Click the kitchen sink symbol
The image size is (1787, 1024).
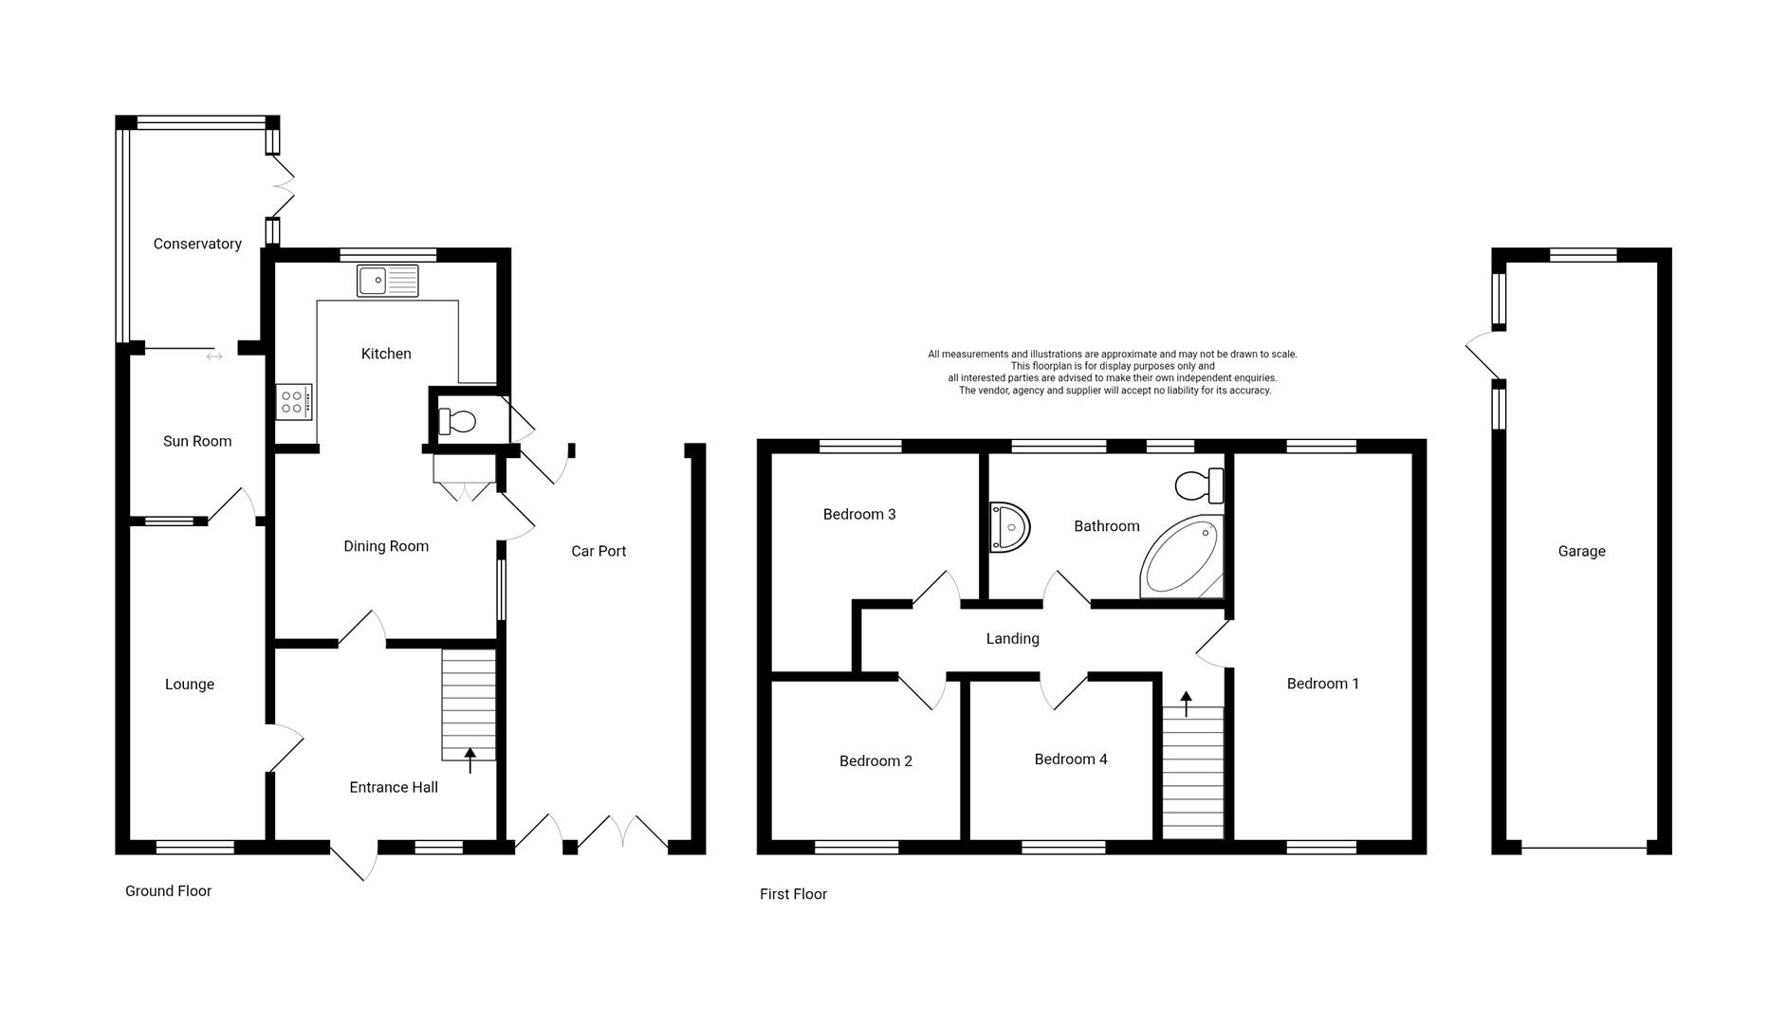(x=388, y=281)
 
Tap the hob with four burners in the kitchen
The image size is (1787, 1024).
(x=294, y=402)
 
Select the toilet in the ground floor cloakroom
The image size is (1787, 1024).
(x=456, y=421)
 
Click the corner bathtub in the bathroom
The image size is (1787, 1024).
(x=1180, y=559)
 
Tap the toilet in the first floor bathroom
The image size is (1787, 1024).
(x=1199, y=486)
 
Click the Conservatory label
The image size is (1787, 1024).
(x=197, y=244)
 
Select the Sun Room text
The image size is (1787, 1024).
(x=197, y=441)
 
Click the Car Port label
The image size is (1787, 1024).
(x=599, y=551)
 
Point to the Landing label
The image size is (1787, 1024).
(x=1012, y=639)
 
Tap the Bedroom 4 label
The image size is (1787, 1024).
(x=1071, y=759)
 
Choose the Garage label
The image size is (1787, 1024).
(x=1581, y=551)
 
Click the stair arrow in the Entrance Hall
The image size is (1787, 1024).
(x=470, y=759)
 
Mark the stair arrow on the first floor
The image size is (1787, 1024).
(x=1186, y=703)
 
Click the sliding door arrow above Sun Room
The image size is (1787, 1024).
(x=214, y=357)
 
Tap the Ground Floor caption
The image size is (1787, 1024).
(x=168, y=891)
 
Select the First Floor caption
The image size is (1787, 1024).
(x=793, y=894)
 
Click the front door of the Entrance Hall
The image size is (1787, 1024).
(x=355, y=860)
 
